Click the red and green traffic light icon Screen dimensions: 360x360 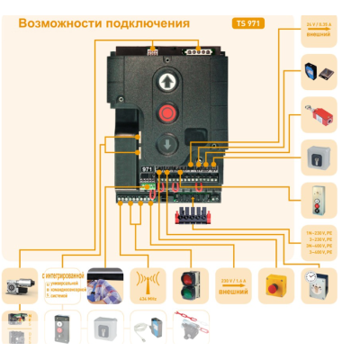click(191, 283)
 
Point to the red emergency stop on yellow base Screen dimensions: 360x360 click(274, 286)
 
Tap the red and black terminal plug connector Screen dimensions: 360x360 click(193, 215)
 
